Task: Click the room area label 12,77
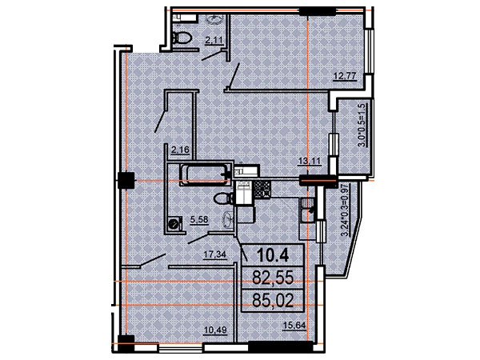[x=345, y=76]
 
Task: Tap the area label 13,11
[x=310, y=161]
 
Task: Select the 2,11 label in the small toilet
[x=214, y=41]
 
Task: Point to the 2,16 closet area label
[x=180, y=150]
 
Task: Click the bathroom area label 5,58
[x=199, y=220]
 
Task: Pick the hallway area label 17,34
[x=216, y=254]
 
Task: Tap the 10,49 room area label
[x=216, y=330]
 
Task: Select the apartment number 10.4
[x=273, y=255]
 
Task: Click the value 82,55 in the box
[x=273, y=278]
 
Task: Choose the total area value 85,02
[x=273, y=300]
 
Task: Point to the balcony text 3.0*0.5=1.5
[x=362, y=126]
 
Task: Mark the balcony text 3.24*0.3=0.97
[x=345, y=210]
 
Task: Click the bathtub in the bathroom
[x=205, y=174]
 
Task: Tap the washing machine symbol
[x=174, y=222]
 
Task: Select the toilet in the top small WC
[x=182, y=38]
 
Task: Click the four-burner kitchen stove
[x=262, y=189]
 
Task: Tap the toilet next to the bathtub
[x=224, y=198]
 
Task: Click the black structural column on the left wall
[x=126, y=180]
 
